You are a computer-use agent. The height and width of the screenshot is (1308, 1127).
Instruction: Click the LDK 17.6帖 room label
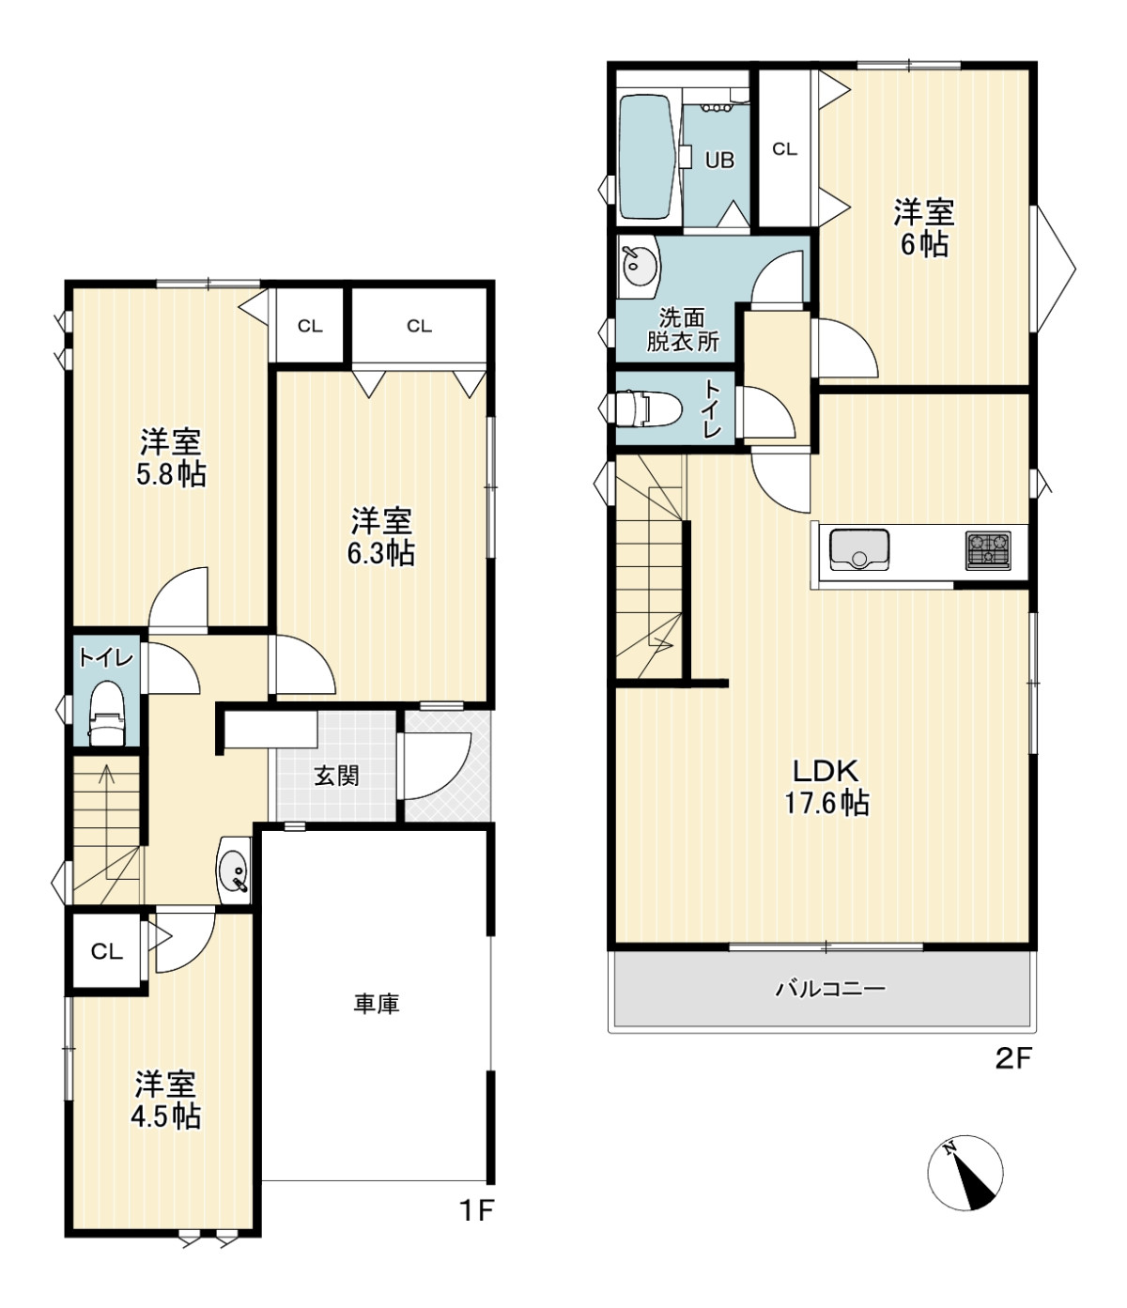click(x=826, y=787)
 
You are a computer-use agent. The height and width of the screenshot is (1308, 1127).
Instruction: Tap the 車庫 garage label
click(x=377, y=1005)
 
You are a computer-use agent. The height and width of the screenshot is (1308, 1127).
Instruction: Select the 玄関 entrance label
click(x=336, y=776)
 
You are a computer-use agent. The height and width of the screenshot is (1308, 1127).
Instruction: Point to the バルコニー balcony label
click(x=830, y=989)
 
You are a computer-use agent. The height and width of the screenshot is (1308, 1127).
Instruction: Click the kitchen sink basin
click(x=858, y=550)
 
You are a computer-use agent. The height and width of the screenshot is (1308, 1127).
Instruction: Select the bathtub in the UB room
click(x=647, y=157)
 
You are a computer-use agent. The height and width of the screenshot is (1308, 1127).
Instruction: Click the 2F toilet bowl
click(x=643, y=408)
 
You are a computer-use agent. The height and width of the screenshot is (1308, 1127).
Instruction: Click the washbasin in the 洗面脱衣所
click(x=640, y=267)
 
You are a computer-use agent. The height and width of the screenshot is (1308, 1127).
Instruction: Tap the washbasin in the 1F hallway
click(x=234, y=869)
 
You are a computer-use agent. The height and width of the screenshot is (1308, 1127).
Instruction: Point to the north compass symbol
click(x=965, y=1173)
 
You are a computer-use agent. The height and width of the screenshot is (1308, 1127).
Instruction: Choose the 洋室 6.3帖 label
click(x=381, y=537)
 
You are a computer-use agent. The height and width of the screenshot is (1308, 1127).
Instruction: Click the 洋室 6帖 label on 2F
click(x=924, y=228)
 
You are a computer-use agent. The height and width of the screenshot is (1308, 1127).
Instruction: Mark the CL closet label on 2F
click(x=784, y=149)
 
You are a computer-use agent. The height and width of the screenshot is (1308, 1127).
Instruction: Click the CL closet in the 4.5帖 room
click(x=106, y=952)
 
